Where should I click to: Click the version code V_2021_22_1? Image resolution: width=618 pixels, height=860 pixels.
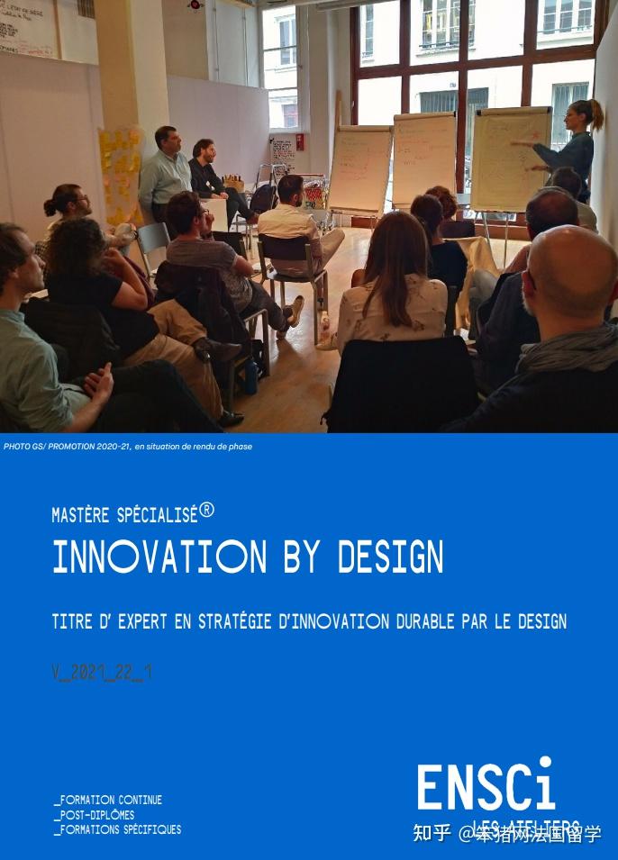[x=102, y=673]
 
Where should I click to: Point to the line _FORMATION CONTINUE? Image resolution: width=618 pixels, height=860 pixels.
[x=107, y=800]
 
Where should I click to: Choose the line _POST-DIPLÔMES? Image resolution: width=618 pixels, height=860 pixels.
[x=94, y=815]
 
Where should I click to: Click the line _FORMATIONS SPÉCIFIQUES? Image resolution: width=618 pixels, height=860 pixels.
[x=117, y=829]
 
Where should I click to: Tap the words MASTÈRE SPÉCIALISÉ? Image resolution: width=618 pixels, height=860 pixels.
[x=124, y=515]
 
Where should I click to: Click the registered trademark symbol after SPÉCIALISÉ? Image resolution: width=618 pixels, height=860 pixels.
[x=207, y=511]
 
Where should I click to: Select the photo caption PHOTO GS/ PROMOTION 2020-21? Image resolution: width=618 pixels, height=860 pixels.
[x=68, y=447]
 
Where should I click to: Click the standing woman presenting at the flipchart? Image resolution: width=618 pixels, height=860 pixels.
[x=571, y=149]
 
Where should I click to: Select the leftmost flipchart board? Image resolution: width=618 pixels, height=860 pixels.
[x=360, y=169]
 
